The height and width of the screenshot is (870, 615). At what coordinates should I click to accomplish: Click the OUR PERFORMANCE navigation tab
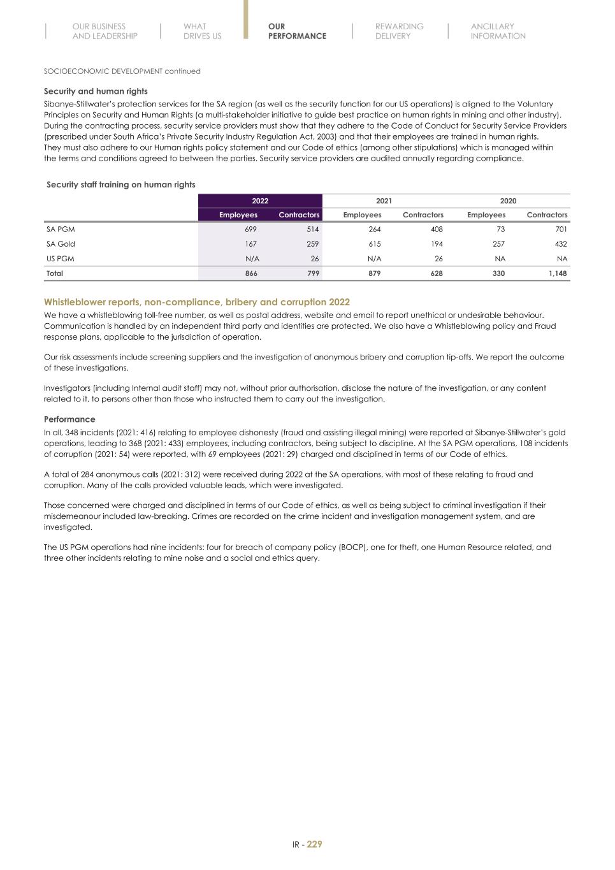click(297, 31)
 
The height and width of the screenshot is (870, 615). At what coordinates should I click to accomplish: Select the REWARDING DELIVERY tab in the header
click(399, 31)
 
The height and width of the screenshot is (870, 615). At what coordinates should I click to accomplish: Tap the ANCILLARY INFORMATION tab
click(498, 31)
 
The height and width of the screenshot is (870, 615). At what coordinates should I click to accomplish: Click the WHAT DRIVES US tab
click(202, 31)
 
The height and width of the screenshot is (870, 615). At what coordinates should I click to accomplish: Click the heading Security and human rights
click(96, 91)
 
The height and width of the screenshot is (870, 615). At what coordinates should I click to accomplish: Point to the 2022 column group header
click(260, 201)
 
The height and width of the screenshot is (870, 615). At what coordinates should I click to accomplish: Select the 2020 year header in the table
click(508, 201)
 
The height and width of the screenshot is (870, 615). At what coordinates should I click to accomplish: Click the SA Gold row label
click(61, 243)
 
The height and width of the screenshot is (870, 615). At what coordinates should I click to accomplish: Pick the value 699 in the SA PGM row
click(251, 229)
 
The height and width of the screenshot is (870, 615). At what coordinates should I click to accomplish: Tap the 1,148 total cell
click(558, 273)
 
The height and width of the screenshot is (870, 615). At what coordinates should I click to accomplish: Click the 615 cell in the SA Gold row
click(375, 243)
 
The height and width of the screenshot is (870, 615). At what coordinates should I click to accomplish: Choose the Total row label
click(55, 273)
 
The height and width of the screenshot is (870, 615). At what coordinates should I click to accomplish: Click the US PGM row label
click(61, 258)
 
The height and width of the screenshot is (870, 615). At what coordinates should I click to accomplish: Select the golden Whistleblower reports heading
click(197, 302)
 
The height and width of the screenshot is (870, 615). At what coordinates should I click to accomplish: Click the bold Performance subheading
click(69, 419)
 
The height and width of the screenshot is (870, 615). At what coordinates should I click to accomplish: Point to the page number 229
click(314, 844)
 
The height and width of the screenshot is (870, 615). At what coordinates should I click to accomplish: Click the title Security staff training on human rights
click(121, 184)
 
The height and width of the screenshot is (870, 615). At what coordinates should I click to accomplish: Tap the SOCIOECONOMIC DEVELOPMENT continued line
click(122, 71)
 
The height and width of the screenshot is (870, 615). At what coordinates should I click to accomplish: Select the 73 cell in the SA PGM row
click(500, 229)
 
